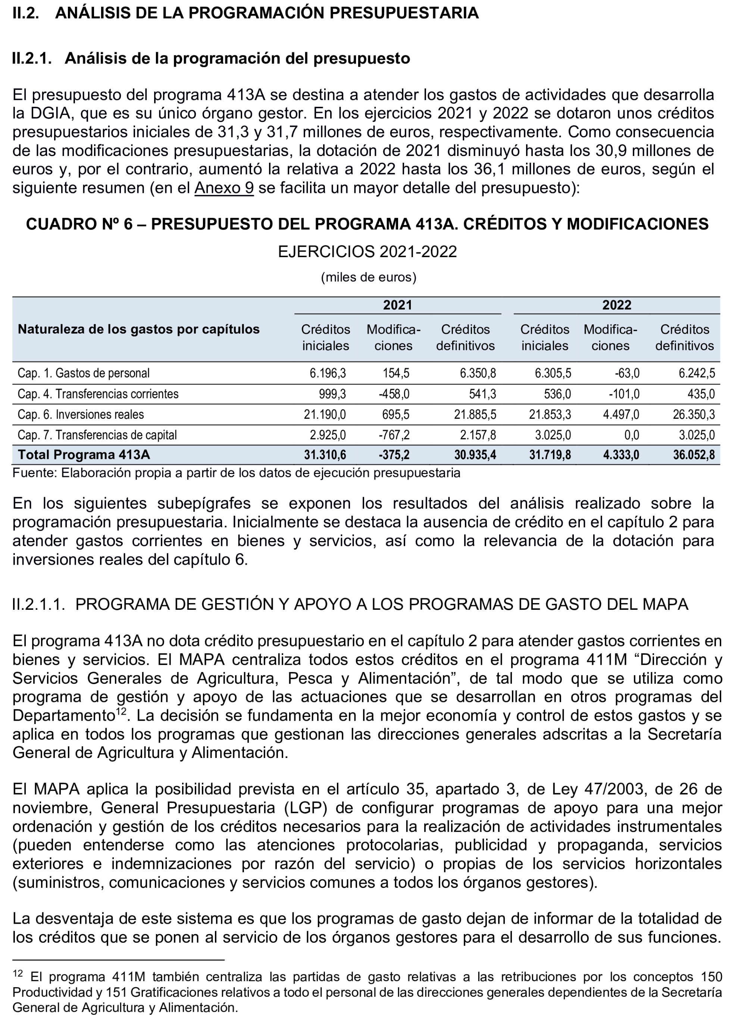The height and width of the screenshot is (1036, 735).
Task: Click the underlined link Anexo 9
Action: (223, 188)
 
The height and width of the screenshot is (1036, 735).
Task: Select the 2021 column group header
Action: (397, 305)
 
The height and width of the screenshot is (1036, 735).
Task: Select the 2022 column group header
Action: (616, 305)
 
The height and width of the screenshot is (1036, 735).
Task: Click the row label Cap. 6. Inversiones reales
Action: (81, 415)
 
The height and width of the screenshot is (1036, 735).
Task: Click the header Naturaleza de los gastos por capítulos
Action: (138, 329)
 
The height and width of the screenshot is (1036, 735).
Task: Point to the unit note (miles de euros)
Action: (368, 277)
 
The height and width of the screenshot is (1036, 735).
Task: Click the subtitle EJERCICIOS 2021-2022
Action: (367, 251)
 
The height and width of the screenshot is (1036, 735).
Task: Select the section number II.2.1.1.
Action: (38, 604)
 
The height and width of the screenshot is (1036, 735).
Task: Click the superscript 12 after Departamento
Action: (121, 711)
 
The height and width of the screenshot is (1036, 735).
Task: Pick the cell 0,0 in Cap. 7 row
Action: (631, 435)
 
